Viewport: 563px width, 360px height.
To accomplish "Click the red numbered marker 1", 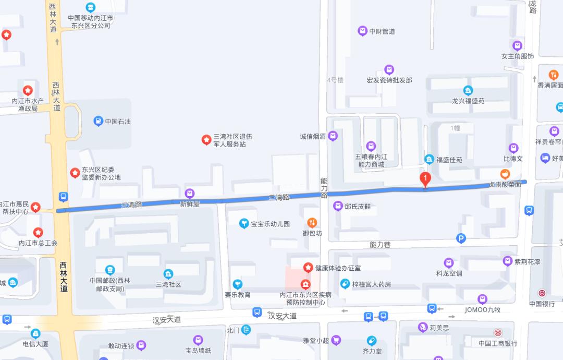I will click(425, 179).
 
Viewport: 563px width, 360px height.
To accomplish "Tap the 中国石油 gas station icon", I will click(97, 122).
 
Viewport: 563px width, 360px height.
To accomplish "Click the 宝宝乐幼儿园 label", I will click(270, 224).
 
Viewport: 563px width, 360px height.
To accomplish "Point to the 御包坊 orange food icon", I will click(312, 222).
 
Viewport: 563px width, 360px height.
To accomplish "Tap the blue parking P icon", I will click(461, 238).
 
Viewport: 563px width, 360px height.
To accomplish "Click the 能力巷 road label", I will click(380, 244).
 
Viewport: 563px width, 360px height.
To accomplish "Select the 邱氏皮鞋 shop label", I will click(360, 207).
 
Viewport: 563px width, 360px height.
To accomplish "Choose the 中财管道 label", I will click(382, 31).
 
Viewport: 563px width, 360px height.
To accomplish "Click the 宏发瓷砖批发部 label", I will click(389, 80).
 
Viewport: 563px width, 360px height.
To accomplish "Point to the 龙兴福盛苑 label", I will click(468, 101).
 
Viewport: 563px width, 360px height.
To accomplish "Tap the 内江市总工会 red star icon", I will click(38, 232).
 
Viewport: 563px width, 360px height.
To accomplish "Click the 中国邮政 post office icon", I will click(109, 270).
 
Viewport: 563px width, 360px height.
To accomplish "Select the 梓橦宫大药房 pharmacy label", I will click(371, 284).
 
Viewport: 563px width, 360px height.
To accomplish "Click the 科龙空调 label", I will click(449, 273).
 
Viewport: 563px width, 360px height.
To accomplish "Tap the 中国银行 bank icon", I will click(543, 293).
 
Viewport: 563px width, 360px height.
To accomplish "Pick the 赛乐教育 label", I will click(238, 295).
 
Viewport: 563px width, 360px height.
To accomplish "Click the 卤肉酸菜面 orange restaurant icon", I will click(505, 174).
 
